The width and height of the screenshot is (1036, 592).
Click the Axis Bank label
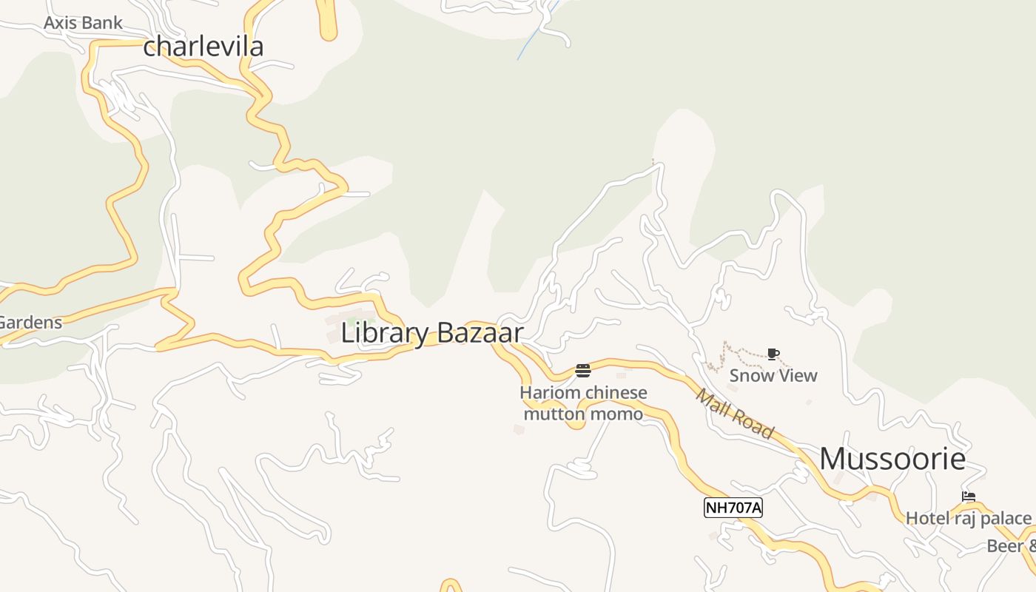coord(83,23)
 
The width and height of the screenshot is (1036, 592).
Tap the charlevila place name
coord(203,47)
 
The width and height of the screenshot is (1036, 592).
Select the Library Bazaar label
coord(431,333)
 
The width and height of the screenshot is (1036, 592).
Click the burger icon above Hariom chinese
coord(583,371)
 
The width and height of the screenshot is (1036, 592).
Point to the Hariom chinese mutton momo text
coord(583,403)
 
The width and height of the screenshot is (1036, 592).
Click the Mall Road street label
coord(734,414)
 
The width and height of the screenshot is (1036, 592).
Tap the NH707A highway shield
coord(733,508)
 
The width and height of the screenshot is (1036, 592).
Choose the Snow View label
coord(773,375)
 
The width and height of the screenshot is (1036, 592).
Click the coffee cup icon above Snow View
coord(773,354)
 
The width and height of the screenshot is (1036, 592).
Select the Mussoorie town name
coord(892,459)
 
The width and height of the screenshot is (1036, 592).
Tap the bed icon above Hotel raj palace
coord(968,497)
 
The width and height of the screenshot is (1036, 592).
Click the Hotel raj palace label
coord(968,518)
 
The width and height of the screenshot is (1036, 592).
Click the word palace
coord(1005,518)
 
